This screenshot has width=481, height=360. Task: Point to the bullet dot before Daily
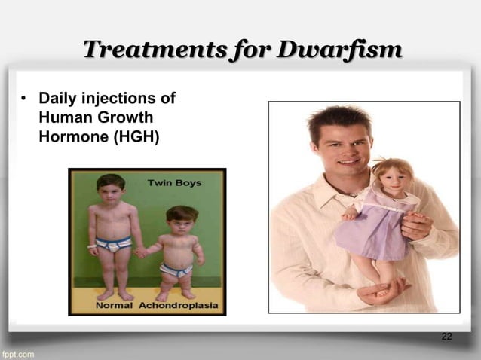[x=24, y=99]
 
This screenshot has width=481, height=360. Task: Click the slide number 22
[x=446, y=336]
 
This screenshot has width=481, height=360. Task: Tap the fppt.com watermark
[x=17, y=353]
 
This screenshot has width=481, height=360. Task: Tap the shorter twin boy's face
[x=180, y=221]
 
